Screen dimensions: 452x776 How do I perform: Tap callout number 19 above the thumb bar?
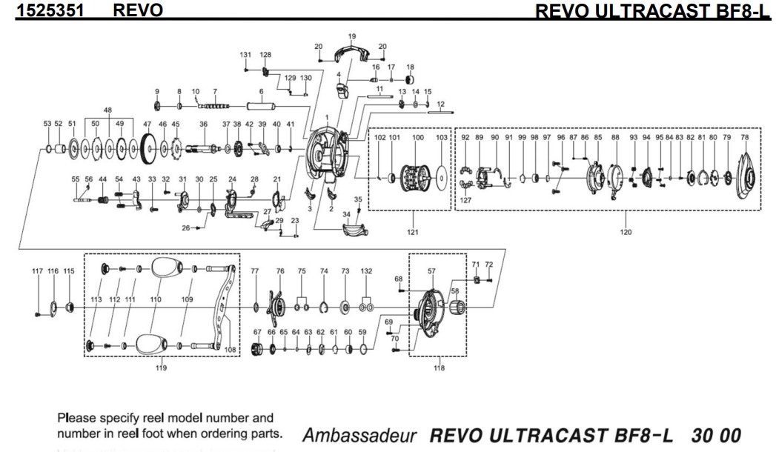[351, 36]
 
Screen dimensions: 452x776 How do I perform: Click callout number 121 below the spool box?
[412, 232]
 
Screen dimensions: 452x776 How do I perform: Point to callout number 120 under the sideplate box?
[626, 232]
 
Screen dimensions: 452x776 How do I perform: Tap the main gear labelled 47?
[147, 150]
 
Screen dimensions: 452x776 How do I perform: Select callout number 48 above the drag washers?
[109, 109]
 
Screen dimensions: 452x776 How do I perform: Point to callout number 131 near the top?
[245, 56]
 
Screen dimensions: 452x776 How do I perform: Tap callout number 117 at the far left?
[36, 272]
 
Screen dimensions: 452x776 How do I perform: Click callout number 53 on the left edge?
[47, 124]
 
